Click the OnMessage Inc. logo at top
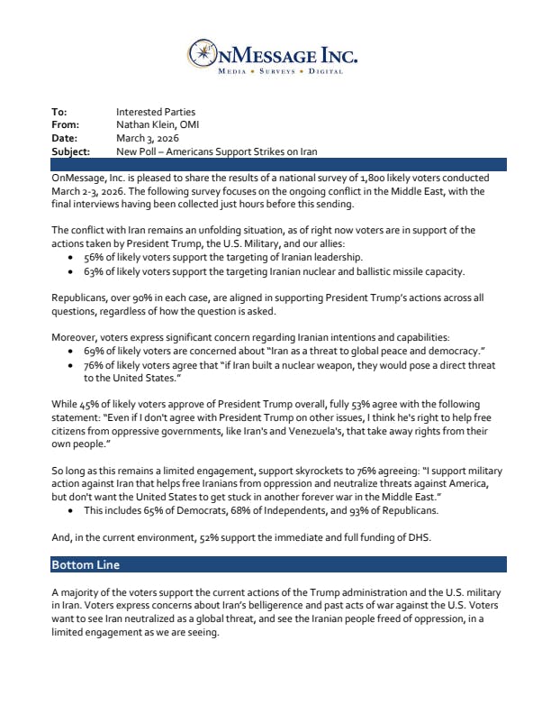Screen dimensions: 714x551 (x=274, y=54)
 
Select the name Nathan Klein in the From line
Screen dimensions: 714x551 (x=147, y=125)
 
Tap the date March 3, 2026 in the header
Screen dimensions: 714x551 (x=148, y=139)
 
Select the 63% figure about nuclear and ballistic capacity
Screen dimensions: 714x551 (x=93, y=271)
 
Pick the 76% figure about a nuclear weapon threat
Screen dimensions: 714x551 (x=93, y=365)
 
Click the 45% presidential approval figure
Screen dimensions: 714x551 (x=92, y=405)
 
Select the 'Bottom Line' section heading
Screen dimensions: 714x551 (x=86, y=565)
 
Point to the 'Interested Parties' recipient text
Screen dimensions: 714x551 (x=156, y=113)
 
